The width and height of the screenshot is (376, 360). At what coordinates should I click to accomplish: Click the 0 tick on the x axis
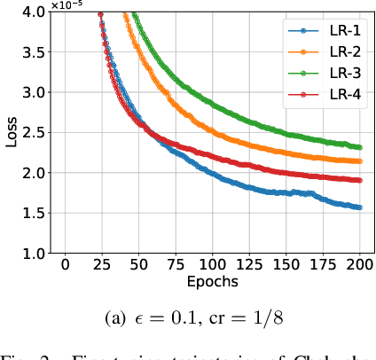(65, 265)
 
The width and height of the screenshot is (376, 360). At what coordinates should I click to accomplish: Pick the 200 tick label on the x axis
(361, 265)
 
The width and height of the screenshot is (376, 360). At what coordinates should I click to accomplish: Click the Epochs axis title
(213, 281)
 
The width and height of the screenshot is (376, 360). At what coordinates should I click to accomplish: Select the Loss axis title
(10, 132)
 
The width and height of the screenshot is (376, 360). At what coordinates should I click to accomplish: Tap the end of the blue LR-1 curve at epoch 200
(361, 207)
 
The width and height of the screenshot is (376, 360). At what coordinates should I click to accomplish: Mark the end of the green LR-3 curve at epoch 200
(361, 147)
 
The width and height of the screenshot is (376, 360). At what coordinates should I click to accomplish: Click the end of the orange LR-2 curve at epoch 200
(361, 161)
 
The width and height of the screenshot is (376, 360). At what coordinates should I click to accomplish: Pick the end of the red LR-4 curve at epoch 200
(361, 180)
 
